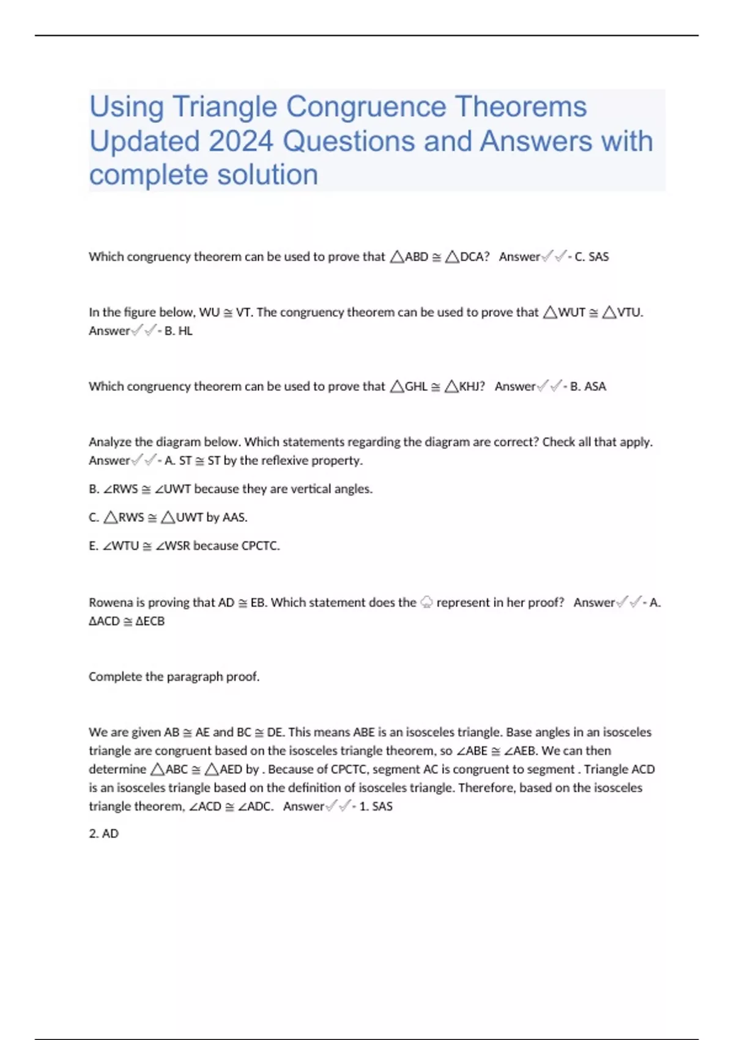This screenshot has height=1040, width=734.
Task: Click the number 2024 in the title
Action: tap(240, 141)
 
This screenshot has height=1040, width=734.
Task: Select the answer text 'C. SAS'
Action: tap(591, 257)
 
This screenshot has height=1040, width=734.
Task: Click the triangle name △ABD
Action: tap(409, 257)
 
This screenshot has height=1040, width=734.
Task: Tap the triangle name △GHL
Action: tap(409, 387)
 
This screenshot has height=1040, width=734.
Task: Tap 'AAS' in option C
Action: tap(234, 518)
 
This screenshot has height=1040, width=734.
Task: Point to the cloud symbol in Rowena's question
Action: tap(426, 603)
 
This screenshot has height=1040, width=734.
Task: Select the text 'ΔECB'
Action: tap(150, 622)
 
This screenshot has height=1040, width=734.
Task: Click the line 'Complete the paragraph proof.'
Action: tap(174, 677)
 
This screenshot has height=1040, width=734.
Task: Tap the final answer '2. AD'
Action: tap(103, 834)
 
